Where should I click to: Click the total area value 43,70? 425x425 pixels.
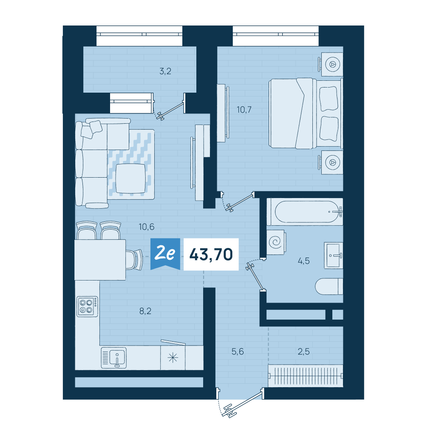[211, 255]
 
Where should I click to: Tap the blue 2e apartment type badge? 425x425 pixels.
[165, 254]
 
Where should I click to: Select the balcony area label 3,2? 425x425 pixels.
[165, 71]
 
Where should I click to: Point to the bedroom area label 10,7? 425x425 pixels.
[244, 110]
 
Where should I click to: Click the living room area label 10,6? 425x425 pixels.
[146, 227]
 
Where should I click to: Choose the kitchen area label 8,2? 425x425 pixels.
[145, 311]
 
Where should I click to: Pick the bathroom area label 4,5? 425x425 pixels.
[303, 261]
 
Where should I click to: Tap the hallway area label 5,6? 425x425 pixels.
[238, 351]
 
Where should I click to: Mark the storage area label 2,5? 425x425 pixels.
[303, 351]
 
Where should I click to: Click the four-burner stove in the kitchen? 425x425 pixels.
[87, 306]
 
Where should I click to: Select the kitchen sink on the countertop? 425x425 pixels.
[114, 358]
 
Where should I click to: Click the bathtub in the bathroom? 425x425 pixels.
[305, 212]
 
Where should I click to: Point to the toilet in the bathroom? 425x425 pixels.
[329, 286]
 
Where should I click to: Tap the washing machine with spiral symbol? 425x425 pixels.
[276, 242]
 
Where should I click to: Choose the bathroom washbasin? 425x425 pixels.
[334, 255]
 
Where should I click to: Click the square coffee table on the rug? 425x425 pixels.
[130, 178]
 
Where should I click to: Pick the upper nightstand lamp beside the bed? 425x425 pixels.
[332, 65]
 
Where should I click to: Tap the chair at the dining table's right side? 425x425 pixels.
[134, 260]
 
